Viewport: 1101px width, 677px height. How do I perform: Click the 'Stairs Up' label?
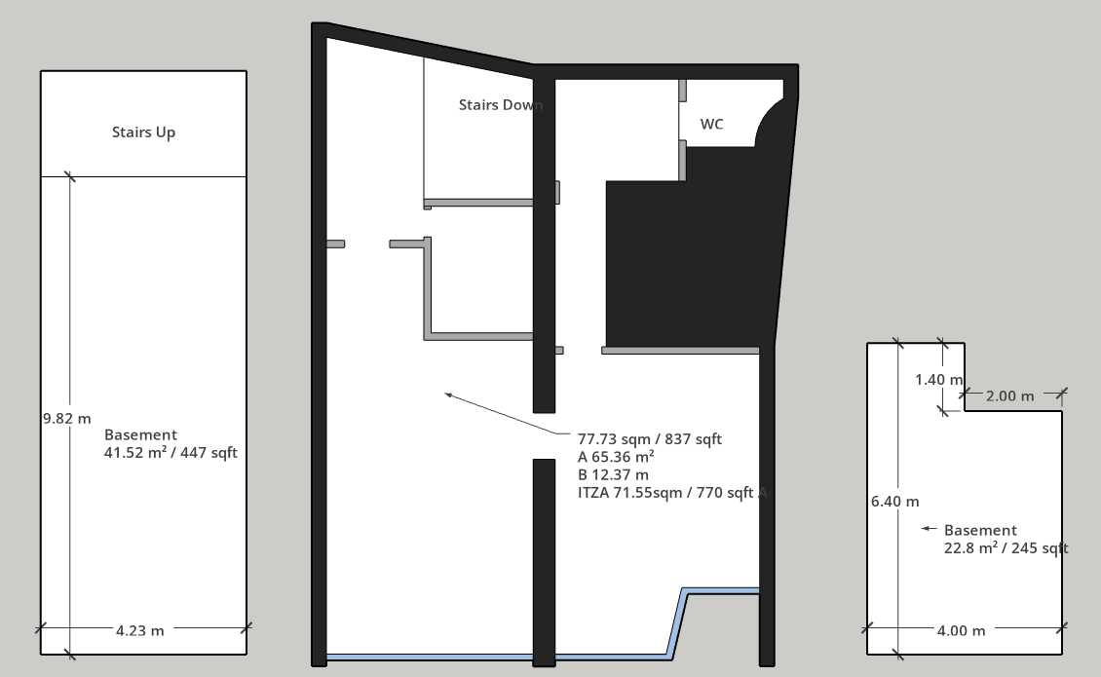tap(143, 132)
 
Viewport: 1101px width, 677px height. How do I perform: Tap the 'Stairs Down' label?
tap(501, 104)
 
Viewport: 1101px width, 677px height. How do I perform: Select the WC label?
tap(711, 125)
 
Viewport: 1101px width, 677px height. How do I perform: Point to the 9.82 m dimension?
tap(66, 419)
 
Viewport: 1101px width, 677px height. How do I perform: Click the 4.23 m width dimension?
tap(139, 630)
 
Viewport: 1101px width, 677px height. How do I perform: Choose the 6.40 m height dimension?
tap(894, 502)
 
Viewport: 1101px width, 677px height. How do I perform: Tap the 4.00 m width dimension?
tap(961, 630)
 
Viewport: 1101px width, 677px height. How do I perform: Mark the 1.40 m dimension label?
tap(939, 380)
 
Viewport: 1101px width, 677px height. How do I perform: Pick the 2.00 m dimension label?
tap(1009, 396)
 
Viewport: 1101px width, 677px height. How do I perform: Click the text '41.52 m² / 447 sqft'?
tap(171, 452)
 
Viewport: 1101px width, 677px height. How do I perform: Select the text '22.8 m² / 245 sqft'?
tap(1006, 547)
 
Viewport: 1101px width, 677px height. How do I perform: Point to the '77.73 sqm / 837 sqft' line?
tap(650, 439)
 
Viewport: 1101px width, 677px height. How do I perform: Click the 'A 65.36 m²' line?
tap(616, 457)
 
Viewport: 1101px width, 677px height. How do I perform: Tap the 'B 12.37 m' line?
tap(613, 474)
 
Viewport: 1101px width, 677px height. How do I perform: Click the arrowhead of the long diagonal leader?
tap(446, 395)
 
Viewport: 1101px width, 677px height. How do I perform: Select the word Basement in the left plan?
tap(140, 434)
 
